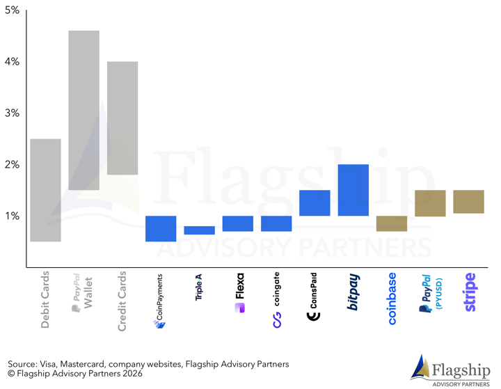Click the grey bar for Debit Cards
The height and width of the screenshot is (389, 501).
46,190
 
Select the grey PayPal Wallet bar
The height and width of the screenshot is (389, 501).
84,110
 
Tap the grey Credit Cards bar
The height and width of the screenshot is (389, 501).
122,118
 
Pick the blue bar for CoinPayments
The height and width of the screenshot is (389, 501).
161,228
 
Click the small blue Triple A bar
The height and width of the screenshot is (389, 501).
199,230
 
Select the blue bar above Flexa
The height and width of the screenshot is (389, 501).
238,223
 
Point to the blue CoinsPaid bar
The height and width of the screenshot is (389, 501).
315,203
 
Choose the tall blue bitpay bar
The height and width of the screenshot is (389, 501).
353,190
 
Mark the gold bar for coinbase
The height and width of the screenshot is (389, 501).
391,223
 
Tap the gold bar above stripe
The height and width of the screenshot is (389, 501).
468,202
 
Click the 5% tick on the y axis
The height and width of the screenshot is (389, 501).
13,10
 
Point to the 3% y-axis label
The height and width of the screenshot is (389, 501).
13,113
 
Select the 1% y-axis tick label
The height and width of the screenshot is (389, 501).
13,216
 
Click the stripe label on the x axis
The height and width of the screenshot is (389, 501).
470,292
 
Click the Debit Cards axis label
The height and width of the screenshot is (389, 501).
46,297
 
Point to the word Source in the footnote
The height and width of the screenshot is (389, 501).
24,364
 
